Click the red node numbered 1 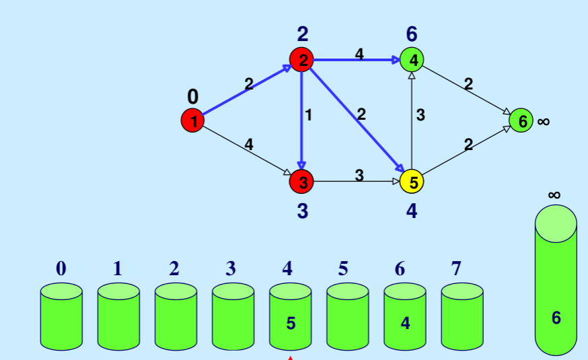193,121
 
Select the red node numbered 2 302,60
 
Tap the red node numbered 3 302,181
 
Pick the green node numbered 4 412,60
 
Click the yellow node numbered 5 412,181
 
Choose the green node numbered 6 521,121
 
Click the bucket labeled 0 61,316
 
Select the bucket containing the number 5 290,316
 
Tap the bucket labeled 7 462,316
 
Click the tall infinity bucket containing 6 556,283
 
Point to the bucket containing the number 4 404,316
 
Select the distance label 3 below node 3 302,211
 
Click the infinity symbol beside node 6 544,122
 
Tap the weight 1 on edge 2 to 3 309,115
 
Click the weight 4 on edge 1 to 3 249,144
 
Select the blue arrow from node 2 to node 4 357,60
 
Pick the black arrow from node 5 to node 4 412,121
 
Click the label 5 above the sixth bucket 343,269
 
